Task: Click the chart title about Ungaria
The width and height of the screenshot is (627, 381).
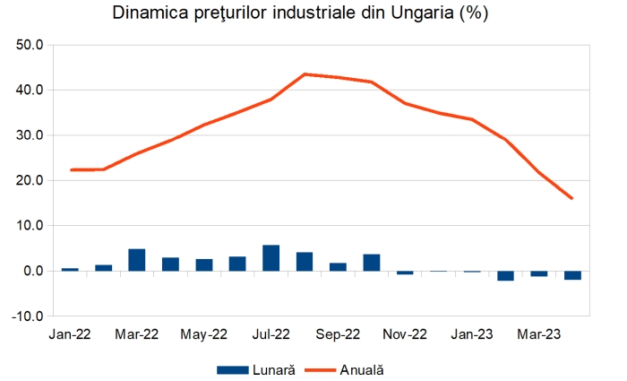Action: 313,14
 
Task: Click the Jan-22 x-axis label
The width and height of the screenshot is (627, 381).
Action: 69,334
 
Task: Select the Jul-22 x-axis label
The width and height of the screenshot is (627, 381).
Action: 271,334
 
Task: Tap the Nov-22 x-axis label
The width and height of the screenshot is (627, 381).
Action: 405,334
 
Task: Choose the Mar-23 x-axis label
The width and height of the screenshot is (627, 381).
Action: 538,334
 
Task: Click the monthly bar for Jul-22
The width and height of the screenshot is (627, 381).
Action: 271,258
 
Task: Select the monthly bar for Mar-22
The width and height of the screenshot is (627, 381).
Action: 137,260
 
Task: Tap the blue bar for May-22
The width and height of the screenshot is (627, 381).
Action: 204,264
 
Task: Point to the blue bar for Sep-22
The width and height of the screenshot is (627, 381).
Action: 338,266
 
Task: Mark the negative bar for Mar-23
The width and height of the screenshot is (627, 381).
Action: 538,273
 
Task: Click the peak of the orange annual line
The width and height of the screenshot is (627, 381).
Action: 305,74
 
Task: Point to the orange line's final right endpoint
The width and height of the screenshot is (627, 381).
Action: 571,198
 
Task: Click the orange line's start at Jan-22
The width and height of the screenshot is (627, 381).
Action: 70,169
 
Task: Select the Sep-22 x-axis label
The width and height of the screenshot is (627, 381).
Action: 338,334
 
